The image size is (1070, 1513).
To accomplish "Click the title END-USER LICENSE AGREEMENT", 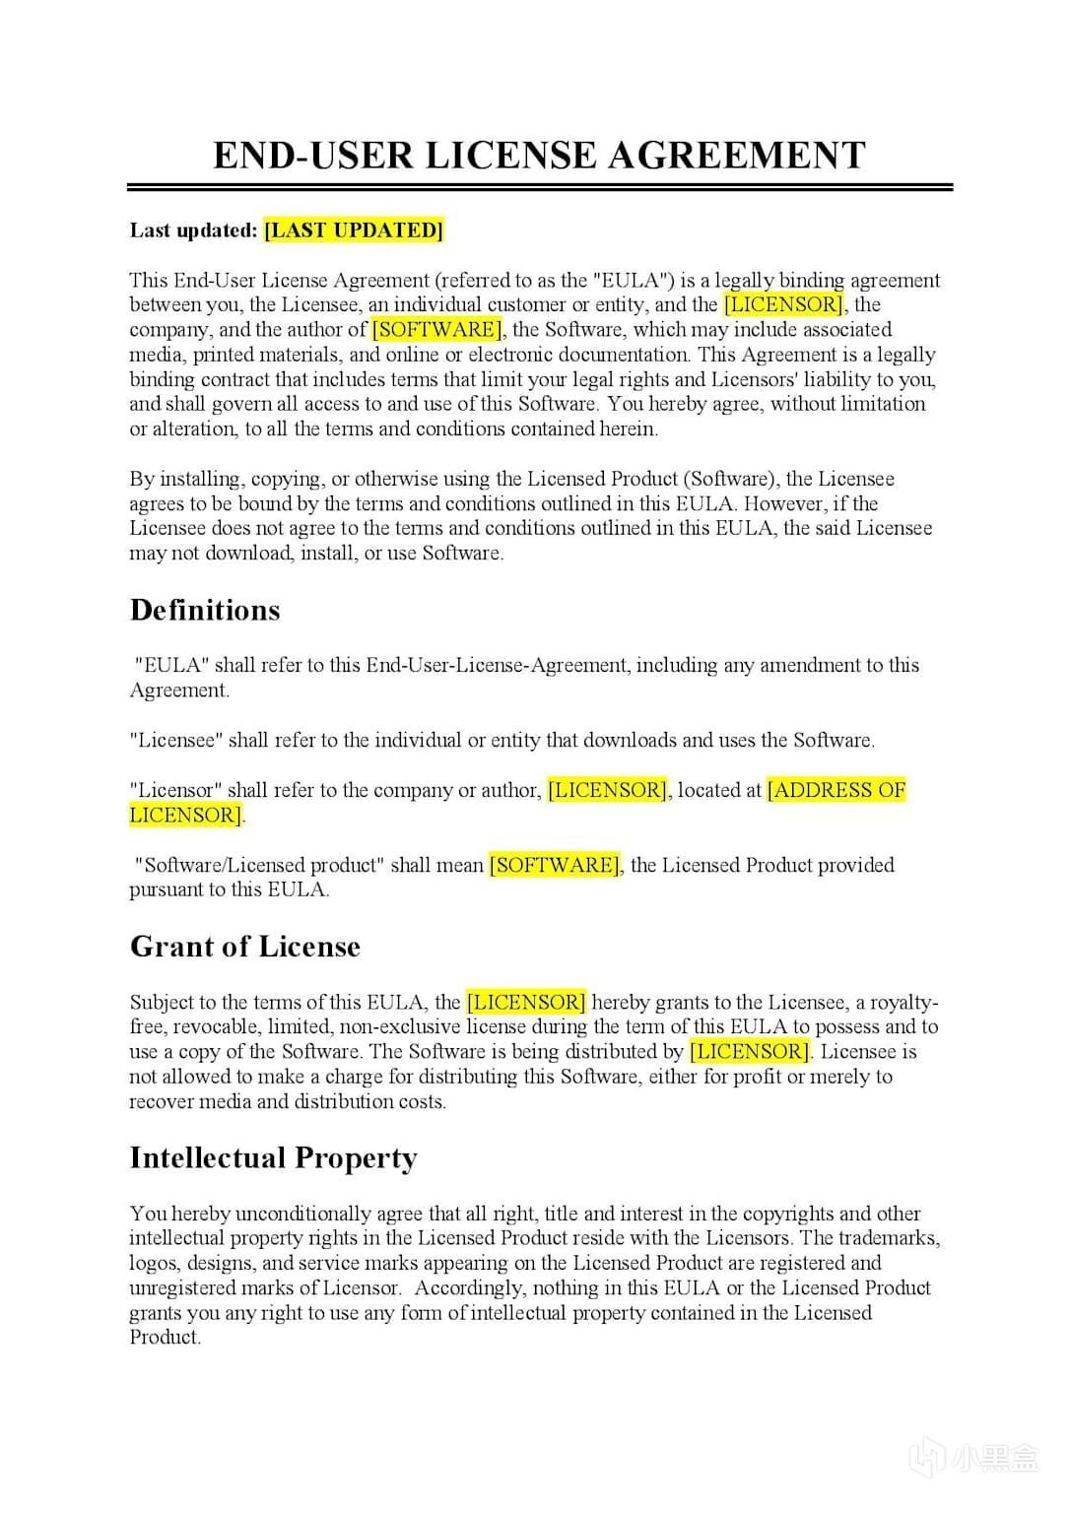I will pyautogui.click(x=539, y=156).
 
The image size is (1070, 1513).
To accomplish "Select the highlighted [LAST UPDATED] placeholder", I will pyautogui.click(x=354, y=230).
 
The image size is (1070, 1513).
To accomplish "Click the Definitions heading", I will pyautogui.click(x=205, y=611).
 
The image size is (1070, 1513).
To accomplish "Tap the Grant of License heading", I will pyautogui.click(x=245, y=947).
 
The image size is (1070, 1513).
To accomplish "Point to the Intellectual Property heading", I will pyautogui.click(x=273, y=1157).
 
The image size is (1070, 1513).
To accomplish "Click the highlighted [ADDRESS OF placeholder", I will pyautogui.click(x=836, y=790).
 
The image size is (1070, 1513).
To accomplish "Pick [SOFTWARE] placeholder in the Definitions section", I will pyautogui.click(x=555, y=865).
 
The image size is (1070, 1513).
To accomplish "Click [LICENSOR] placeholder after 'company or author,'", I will pyautogui.click(x=608, y=790).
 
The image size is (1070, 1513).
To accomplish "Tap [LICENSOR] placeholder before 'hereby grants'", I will pyautogui.click(x=526, y=1003).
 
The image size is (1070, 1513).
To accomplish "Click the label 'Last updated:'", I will pyautogui.click(x=193, y=230).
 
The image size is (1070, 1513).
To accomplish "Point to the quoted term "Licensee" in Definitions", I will pyautogui.click(x=176, y=741).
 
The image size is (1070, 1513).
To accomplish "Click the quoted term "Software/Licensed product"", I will pyautogui.click(x=260, y=865).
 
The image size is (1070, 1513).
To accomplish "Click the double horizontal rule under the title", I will pyautogui.click(x=539, y=186).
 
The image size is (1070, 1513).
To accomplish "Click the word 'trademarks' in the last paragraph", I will pyautogui.click(x=893, y=1238).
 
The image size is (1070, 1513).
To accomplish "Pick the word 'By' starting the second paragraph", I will pyautogui.click(x=142, y=480).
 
